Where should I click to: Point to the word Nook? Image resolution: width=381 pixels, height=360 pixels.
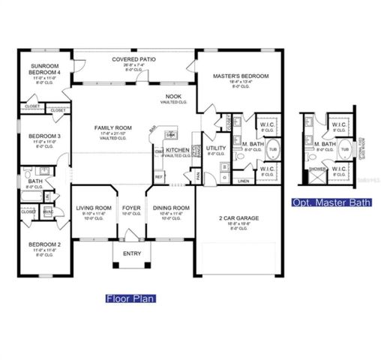point(173,97)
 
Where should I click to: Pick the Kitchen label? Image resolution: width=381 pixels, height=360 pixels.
point(177,150)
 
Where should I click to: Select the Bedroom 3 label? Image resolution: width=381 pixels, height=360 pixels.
point(38,136)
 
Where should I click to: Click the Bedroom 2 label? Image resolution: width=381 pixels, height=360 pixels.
point(38,244)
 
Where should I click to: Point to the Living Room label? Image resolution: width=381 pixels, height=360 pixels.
point(93,208)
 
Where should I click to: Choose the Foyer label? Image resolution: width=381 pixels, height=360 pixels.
point(132,208)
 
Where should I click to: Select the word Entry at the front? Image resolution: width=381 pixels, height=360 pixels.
point(132,253)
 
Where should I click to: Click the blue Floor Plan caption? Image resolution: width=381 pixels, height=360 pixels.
point(131,298)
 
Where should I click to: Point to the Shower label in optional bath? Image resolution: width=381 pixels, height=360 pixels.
point(317,169)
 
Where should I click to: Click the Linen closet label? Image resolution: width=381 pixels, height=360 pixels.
point(243,181)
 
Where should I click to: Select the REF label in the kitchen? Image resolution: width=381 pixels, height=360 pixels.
point(159,177)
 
